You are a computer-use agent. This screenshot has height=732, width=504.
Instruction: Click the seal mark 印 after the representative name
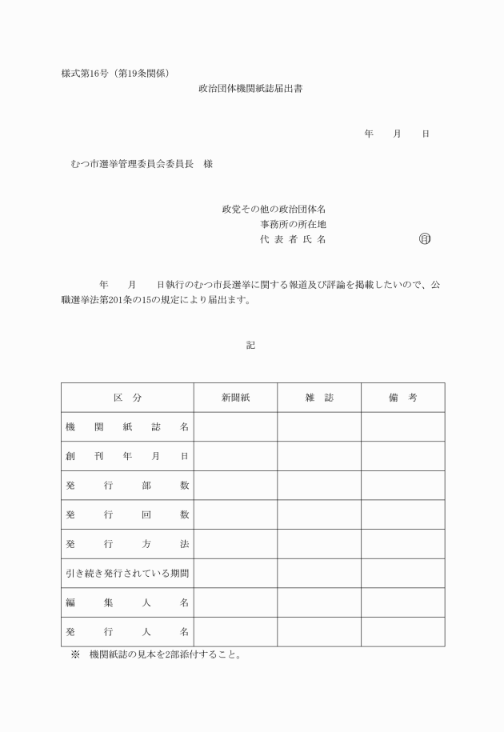pos(424,238)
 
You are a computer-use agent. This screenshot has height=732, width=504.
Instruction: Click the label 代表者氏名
pos(293,239)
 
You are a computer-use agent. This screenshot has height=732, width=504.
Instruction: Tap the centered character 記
pos(250,345)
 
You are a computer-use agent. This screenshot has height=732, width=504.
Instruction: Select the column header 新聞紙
pos(236,398)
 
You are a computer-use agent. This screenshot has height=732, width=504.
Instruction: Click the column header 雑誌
pos(319,398)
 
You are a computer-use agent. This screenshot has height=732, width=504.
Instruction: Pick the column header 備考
pos(402,398)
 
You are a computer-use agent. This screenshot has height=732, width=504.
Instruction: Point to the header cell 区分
pos(127,398)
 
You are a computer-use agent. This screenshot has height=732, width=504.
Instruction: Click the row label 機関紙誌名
pos(127,427)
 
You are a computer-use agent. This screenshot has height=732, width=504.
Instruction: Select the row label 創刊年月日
pos(127,456)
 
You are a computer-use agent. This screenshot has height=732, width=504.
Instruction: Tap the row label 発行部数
pos(127,486)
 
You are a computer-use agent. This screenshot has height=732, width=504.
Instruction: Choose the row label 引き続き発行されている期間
pos(127,574)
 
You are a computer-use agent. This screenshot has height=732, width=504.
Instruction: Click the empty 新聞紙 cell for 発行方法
pos(236,544)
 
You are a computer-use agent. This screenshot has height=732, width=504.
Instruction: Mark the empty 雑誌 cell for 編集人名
pos(319,602)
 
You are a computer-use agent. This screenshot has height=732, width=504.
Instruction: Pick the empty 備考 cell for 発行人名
pos(402,632)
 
